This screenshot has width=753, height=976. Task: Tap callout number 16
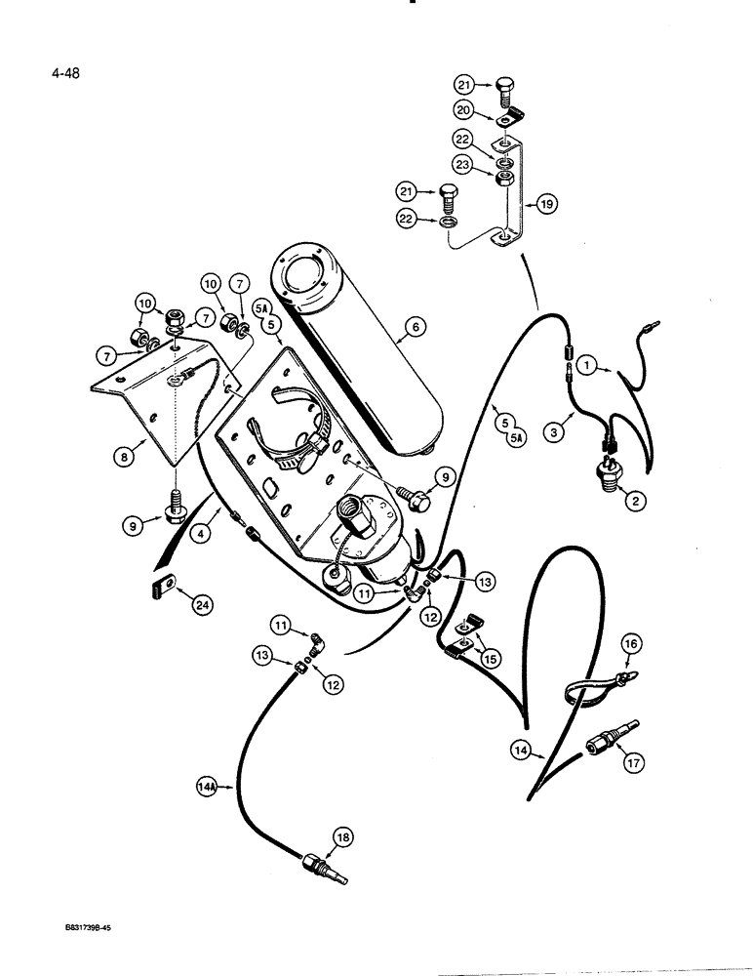click(x=630, y=645)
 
